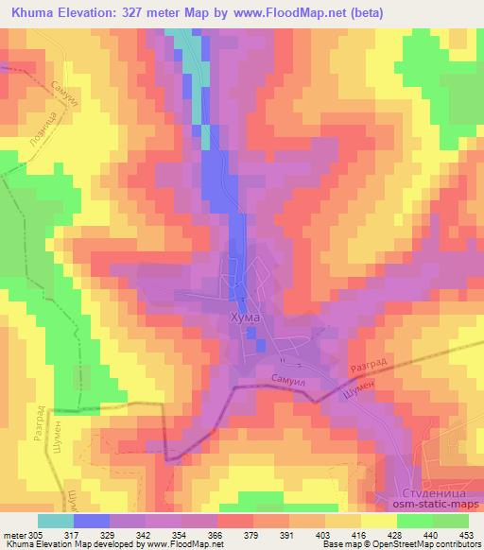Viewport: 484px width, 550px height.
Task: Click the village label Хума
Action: click(x=245, y=318)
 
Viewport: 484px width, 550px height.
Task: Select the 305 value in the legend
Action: click(x=36, y=534)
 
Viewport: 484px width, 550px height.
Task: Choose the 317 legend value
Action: click(x=76, y=534)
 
